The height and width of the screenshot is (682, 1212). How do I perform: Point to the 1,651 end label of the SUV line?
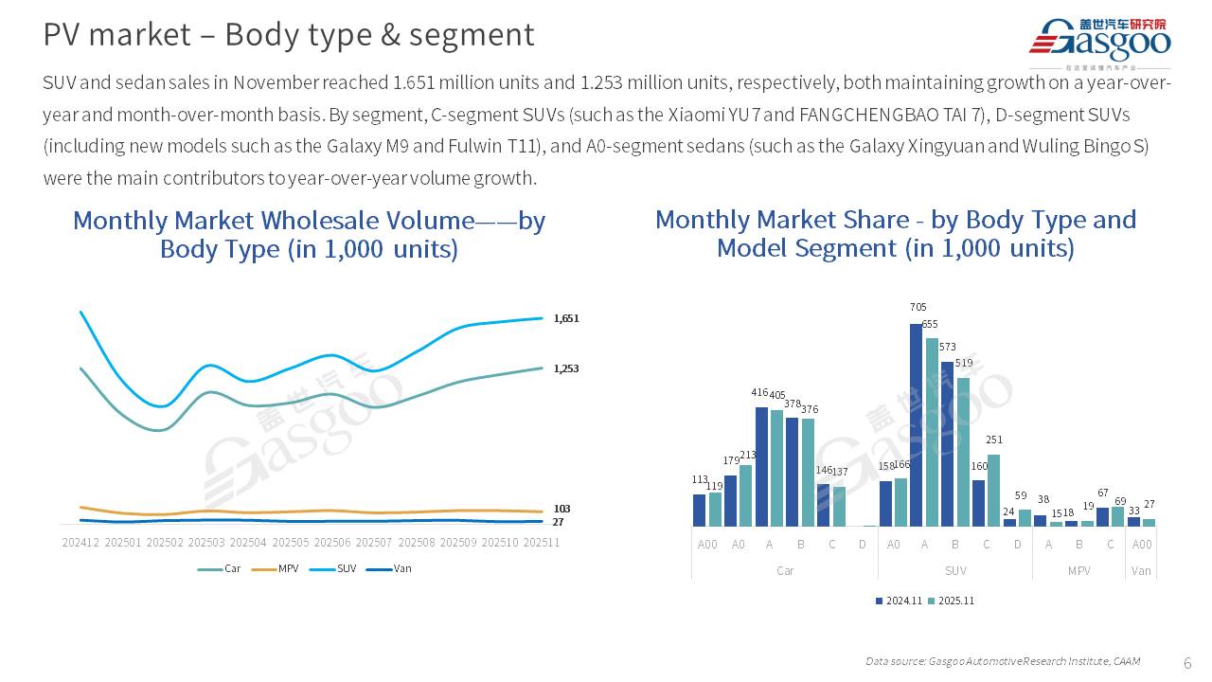click(565, 319)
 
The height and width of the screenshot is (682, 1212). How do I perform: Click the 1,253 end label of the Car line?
click(565, 368)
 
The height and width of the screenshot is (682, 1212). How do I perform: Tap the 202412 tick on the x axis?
click(80, 543)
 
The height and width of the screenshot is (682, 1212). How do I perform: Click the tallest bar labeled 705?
click(917, 424)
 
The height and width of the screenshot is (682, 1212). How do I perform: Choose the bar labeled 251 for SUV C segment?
click(994, 490)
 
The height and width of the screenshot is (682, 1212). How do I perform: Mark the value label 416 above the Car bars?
click(761, 391)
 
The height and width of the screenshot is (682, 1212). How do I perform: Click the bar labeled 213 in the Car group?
click(746, 494)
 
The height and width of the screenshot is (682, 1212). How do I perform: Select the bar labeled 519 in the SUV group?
click(963, 452)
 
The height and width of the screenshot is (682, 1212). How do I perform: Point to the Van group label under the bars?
click(1141, 571)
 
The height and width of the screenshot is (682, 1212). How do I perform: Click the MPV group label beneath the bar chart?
click(1078, 571)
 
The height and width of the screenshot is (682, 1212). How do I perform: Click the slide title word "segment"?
click(485, 35)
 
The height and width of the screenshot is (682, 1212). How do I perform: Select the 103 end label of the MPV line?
click(561, 509)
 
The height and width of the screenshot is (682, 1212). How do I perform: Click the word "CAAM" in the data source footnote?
click(1127, 661)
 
